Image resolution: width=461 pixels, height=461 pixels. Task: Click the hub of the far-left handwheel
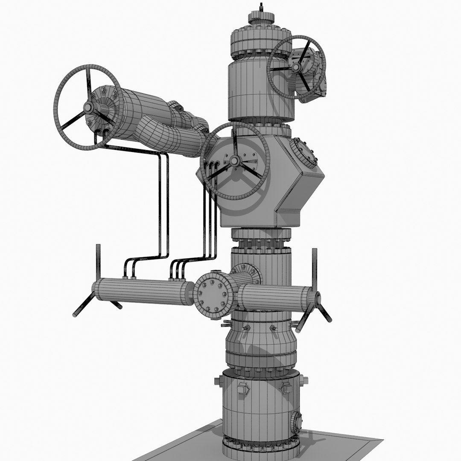(x=89, y=108)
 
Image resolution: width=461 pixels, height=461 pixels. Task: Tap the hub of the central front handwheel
(x=234, y=161)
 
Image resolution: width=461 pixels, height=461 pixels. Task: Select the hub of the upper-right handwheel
(x=296, y=67)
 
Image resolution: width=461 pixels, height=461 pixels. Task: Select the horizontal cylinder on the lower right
(x=273, y=298)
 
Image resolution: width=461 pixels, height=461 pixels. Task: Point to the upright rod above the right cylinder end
(x=315, y=267)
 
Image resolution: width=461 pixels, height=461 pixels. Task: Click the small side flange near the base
(x=296, y=423)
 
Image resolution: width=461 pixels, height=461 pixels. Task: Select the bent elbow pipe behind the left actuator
(x=171, y=136)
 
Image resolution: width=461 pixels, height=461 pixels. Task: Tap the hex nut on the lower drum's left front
(x=242, y=388)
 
